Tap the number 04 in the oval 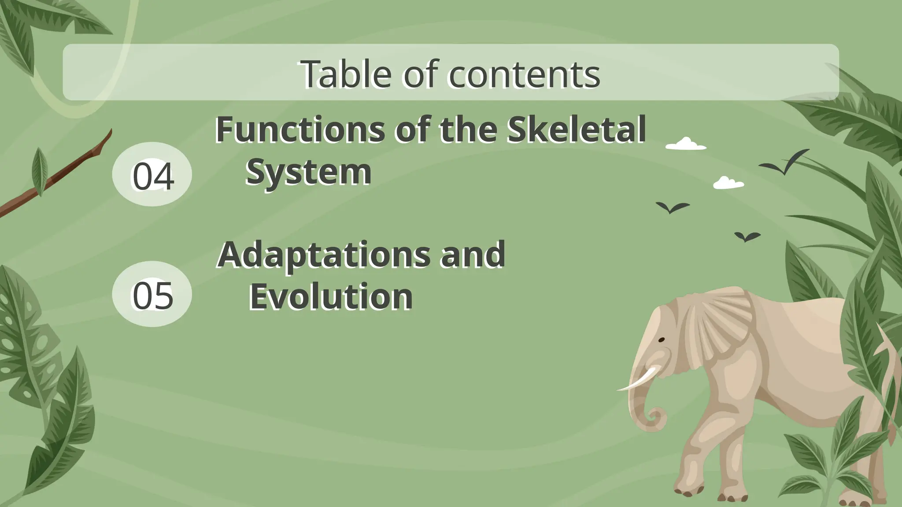pos(152,176)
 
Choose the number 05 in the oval pos(152,295)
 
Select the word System pos(308,172)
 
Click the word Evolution pos(331,297)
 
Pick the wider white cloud pos(686,144)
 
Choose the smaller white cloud pos(728,183)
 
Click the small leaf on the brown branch pos(40,172)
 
